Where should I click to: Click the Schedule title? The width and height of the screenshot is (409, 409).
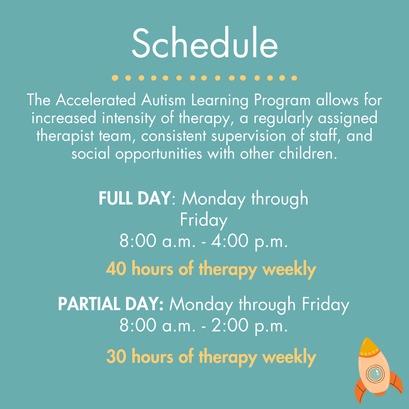(205, 43)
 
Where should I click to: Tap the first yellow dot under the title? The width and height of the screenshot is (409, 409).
(115, 78)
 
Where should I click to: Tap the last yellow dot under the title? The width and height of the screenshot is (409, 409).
(294, 78)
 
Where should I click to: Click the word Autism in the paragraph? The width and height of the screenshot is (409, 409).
(163, 100)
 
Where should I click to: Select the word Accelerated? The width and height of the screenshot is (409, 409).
(96, 100)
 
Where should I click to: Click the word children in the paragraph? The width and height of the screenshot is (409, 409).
(306, 154)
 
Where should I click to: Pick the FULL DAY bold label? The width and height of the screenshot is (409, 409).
(134, 198)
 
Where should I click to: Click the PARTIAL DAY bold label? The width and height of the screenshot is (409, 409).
(111, 304)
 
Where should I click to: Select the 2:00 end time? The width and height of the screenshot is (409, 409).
(229, 325)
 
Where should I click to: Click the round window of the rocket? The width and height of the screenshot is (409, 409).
(375, 374)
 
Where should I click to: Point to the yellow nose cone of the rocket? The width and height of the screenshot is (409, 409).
(368, 347)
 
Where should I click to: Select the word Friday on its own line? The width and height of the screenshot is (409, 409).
(204, 220)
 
